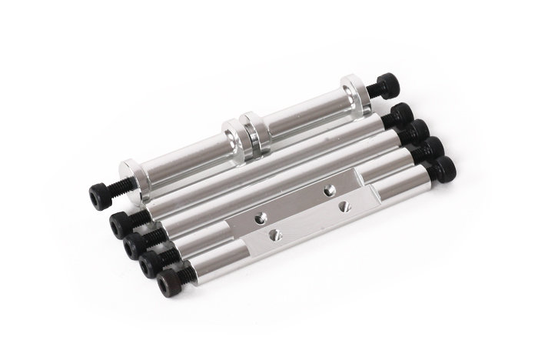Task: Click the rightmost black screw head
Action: (445, 168)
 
